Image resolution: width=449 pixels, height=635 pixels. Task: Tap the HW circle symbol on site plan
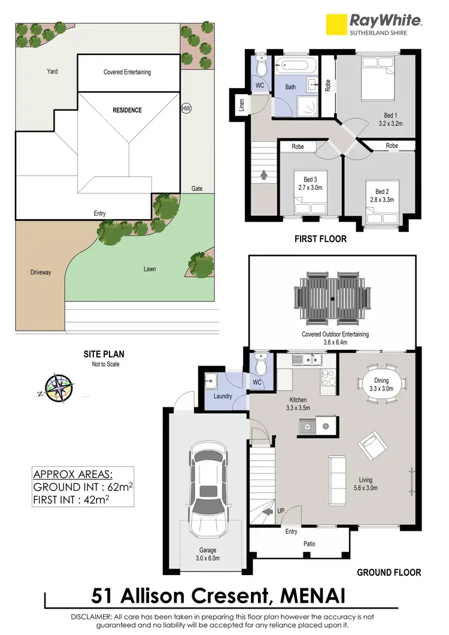(x=186, y=109)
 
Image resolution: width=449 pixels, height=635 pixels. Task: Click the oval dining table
(x=381, y=381)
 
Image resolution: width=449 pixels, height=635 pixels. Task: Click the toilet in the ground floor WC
(x=260, y=363)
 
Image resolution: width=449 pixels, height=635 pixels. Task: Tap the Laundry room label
(x=223, y=397)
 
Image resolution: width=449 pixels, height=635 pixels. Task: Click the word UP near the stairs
(x=280, y=510)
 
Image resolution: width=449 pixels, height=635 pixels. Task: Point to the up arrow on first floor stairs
(x=264, y=176)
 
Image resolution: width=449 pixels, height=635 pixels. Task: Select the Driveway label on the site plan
(x=40, y=273)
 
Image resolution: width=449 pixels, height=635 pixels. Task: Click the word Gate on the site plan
(x=197, y=189)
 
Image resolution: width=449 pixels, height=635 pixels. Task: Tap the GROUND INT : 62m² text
(x=83, y=486)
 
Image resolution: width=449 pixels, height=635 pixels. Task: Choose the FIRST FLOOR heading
(x=320, y=239)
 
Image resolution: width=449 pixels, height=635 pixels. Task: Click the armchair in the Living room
(x=371, y=445)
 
